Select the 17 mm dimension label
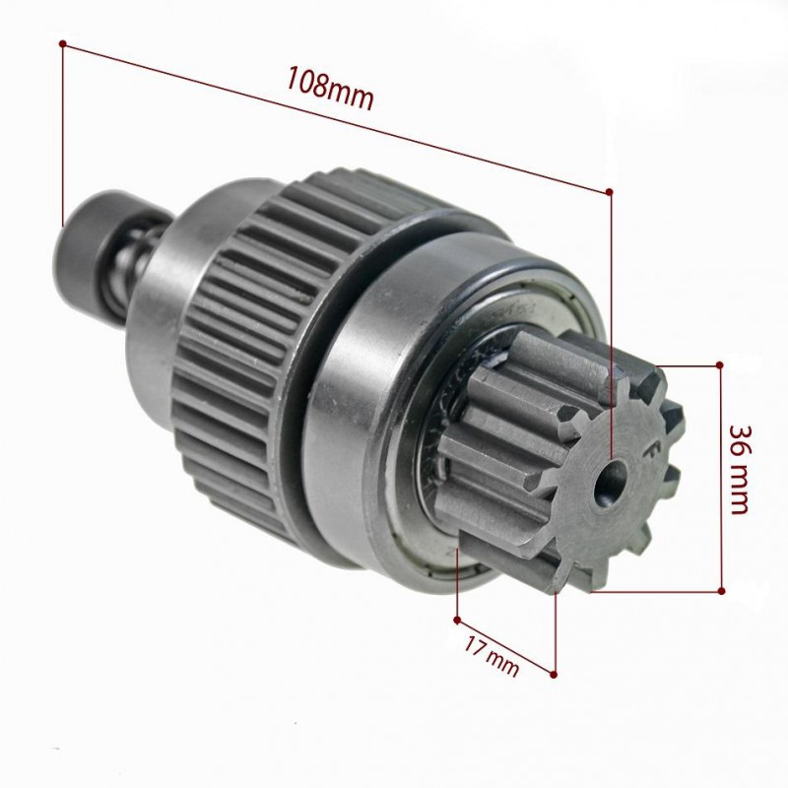click(x=491, y=656)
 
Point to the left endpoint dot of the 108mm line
click(x=62, y=43)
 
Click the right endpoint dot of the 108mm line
click(x=610, y=191)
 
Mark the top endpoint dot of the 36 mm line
click(x=720, y=364)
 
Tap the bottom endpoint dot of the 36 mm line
click(x=722, y=590)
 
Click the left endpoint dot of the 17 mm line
click(x=457, y=621)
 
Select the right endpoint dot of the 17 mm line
click(x=554, y=674)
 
